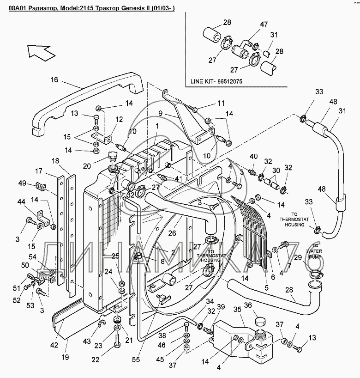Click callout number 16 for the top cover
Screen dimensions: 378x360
pos(54,80)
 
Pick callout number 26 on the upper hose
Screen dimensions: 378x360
pos(172,233)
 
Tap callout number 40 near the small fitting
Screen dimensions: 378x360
pos(253,156)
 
